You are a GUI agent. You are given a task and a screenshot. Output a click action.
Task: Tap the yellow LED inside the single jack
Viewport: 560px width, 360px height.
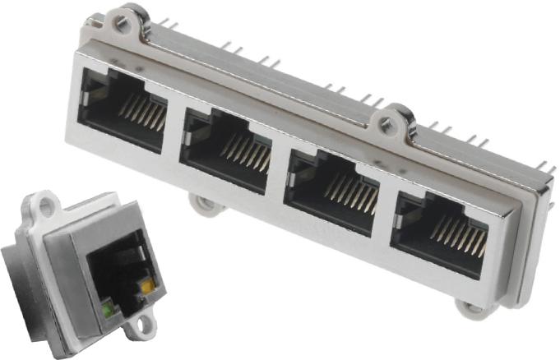(x=146, y=288)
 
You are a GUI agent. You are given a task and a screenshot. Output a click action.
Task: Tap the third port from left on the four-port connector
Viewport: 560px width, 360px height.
(x=329, y=186)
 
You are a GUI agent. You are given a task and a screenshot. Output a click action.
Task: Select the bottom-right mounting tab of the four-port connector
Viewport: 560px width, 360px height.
(x=470, y=309)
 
